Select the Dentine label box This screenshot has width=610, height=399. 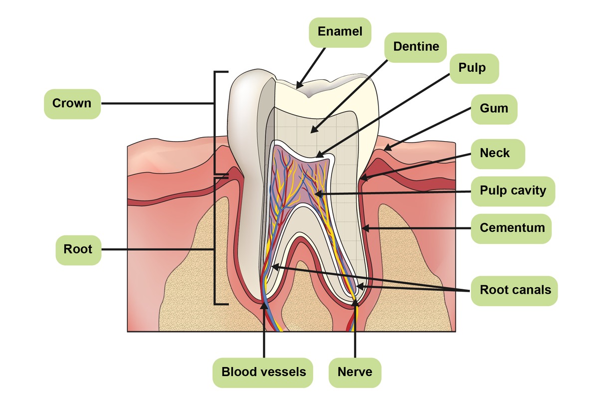tap(416, 47)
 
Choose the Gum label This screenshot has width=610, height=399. tap(494, 108)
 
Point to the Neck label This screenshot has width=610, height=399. tap(495, 153)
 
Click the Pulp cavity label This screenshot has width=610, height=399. tap(513, 191)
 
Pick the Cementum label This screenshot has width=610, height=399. tap(512, 228)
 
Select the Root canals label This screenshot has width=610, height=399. tap(515, 290)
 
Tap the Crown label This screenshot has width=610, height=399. tap(72, 104)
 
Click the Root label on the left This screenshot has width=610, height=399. tap(78, 249)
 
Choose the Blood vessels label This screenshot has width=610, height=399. tap(263, 372)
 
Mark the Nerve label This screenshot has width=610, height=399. tap(355, 372)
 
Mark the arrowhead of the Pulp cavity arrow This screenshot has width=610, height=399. tap(317, 194)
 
